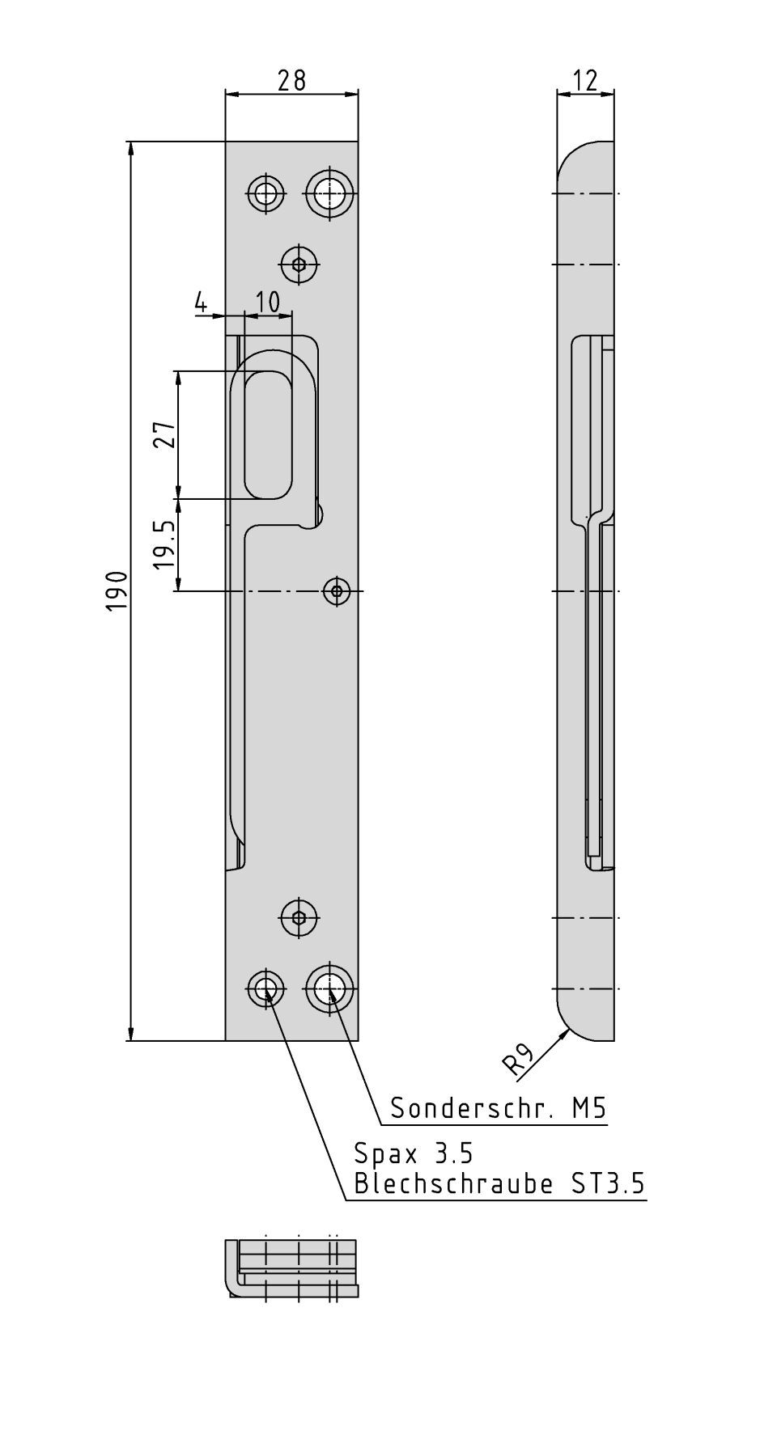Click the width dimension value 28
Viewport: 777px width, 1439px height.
tap(291, 80)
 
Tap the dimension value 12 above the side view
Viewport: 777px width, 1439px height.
tap(584, 80)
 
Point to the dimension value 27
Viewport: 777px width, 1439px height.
tap(165, 435)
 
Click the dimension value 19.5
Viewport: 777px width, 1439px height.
tap(165, 544)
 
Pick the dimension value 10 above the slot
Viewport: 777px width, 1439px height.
tap(267, 302)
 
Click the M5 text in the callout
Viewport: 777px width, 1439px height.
tap(589, 1107)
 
